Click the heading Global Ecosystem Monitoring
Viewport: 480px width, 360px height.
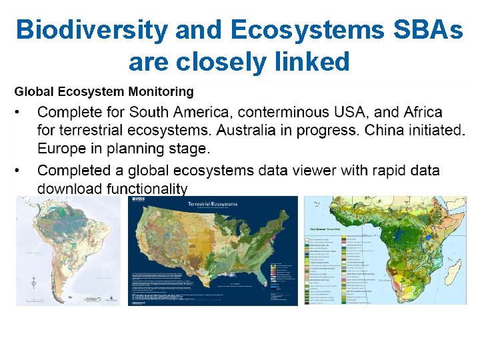click(x=104, y=91)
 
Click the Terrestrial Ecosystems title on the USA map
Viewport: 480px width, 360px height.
click(x=213, y=204)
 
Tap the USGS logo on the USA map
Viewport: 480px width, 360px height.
click(x=141, y=199)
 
